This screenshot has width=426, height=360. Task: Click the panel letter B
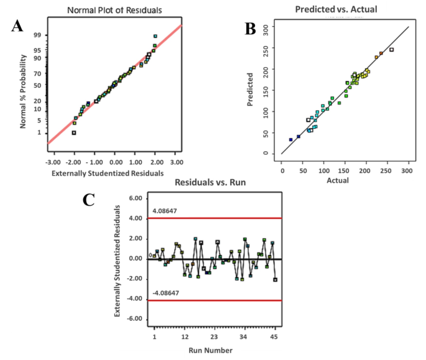coord(250,28)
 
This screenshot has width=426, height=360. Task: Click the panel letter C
coord(90,200)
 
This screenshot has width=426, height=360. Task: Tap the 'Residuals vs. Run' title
coord(211,184)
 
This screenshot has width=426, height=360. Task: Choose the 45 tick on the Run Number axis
coord(274,336)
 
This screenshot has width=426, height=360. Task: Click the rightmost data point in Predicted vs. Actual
coord(391,50)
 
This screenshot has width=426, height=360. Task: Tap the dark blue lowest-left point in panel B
coord(290,140)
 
